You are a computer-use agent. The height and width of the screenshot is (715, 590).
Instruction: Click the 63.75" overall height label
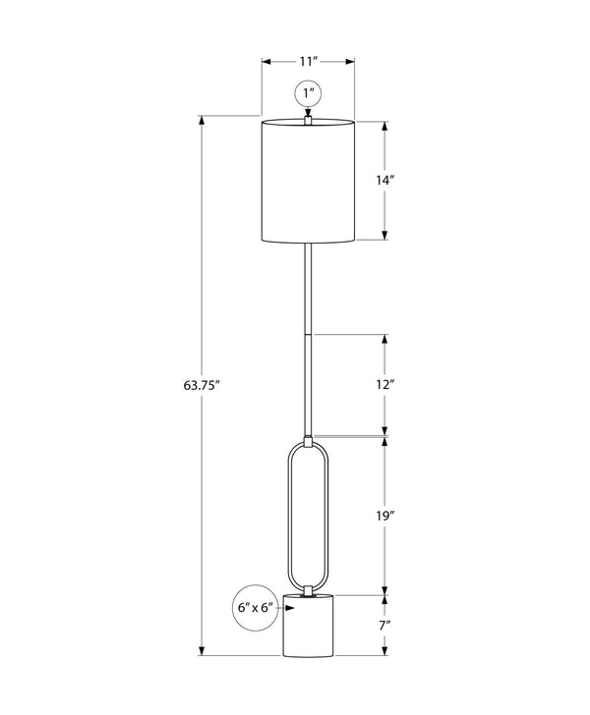click(x=202, y=385)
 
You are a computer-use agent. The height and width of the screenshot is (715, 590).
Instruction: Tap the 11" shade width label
click(x=308, y=61)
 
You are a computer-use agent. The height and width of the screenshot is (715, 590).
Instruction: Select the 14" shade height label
click(x=384, y=180)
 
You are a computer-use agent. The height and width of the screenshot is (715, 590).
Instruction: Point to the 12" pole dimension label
click(x=384, y=385)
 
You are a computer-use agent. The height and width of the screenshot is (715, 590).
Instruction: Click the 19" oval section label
click(x=384, y=516)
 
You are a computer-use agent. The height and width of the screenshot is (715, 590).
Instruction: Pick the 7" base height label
click(x=384, y=625)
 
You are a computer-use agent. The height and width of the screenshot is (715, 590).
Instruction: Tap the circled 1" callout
click(x=308, y=93)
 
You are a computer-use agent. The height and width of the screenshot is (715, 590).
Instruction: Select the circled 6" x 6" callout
click(x=256, y=607)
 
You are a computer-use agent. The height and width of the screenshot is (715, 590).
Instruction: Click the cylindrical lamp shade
click(x=308, y=181)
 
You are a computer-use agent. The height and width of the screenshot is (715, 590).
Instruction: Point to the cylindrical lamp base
click(x=308, y=625)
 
